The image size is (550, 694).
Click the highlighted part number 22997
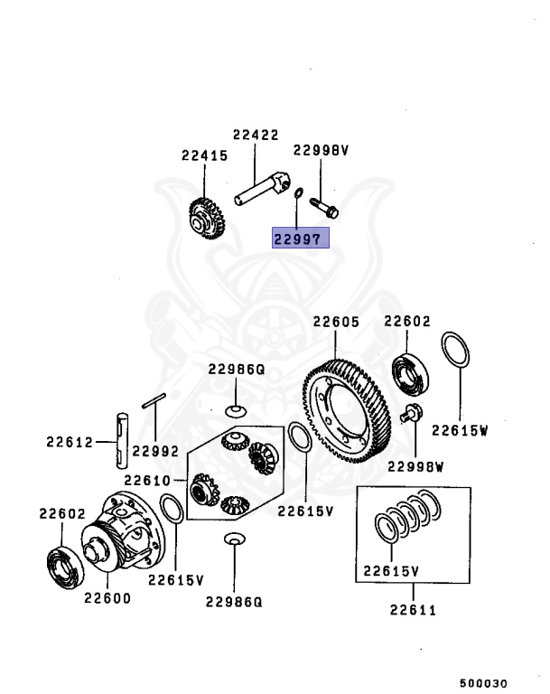pos(302,238)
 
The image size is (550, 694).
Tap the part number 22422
pos(255,136)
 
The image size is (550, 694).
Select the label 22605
pos(336,321)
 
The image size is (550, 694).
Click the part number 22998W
pos(417,466)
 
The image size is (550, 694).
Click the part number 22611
pos(413,610)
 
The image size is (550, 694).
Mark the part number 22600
pos(107,597)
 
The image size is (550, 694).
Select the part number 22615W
pos(459,431)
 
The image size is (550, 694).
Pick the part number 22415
pos(204,155)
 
